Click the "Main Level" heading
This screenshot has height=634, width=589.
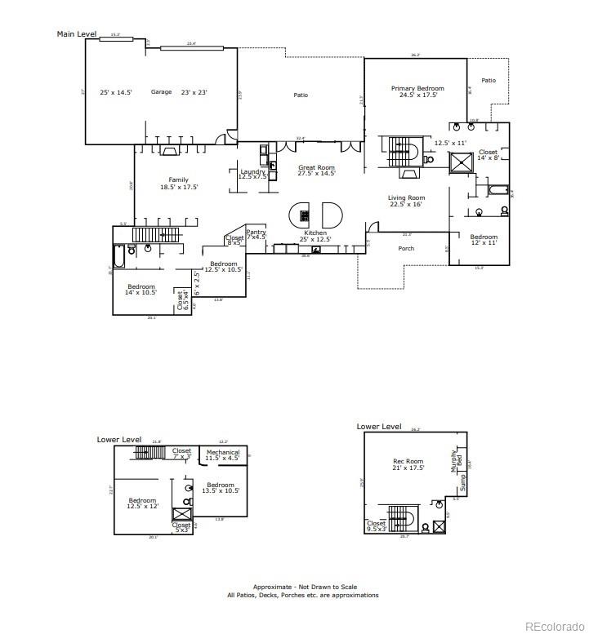pyautogui.click(x=76, y=34)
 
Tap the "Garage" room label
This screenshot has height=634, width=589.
pyautogui.click(x=161, y=92)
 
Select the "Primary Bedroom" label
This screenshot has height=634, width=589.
pyautogui.click(x=417, y=88)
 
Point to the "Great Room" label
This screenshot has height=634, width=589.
pyautogui.click(x=316, y=167)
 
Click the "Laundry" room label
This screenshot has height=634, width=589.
pyautogui.click(x=252, y=171)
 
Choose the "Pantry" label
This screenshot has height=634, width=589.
pyautogui.click(x=256, y=232)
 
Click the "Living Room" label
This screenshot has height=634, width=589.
pyautogui.click(x=406, y=197)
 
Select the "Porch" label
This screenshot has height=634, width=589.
pyautogui.click(x=406, y=248)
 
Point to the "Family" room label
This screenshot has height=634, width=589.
pyautogui.click(x=178, y=180)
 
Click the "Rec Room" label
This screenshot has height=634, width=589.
pyautogui.click(x=408, y=462)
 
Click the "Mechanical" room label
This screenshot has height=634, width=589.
pyautogui.click(x=222, y=452)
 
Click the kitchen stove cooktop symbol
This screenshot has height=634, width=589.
pyautogui.click(x=305, y=216)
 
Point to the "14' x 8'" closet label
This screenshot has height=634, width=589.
pyautogui.click(x=488, y=159)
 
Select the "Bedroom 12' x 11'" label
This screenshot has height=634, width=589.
pyautogui.click(x=483, y=239)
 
